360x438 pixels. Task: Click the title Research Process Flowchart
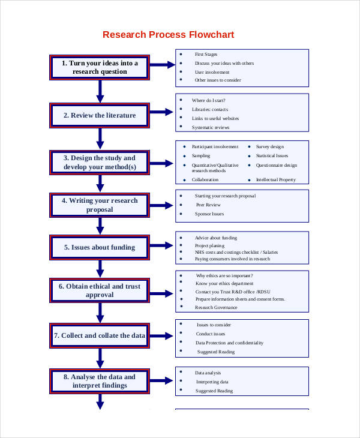click(168, 34)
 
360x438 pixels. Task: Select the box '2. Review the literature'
click(100, 115)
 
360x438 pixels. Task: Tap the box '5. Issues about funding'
click(100, 247)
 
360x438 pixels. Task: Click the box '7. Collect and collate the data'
click(100, 335)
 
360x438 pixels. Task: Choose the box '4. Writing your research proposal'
click(100, 205)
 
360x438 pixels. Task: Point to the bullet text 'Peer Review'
click(208, 205)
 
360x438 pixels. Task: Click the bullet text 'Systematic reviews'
click(210, 127)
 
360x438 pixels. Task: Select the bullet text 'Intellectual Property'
click(276, 179)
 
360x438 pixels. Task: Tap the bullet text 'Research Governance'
click(216, 307)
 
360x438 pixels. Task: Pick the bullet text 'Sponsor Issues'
click(209, 214)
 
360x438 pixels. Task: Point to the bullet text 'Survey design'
click(270, 146)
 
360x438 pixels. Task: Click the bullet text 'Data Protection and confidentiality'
click(229, 343)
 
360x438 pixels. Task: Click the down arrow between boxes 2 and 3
click(100, 139)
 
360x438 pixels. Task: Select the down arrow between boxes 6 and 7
click(100, 313)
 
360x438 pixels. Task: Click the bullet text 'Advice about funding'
click(216, 238)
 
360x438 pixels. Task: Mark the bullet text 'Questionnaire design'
click(276, 165)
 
